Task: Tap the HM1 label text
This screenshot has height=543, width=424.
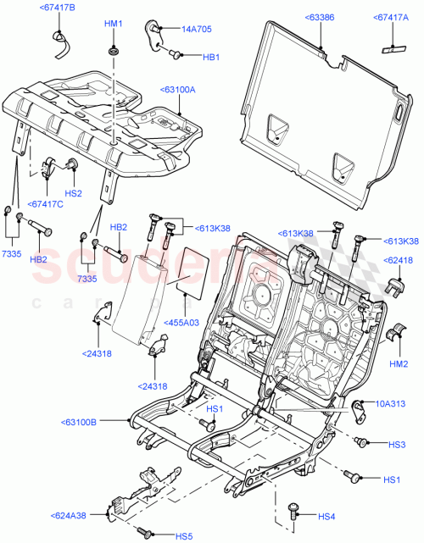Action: [113, 24]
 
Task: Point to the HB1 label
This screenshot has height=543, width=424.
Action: [211, 57]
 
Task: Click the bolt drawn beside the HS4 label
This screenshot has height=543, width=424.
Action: [293, 510]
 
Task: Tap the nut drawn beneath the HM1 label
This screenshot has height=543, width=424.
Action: [113, 53]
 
